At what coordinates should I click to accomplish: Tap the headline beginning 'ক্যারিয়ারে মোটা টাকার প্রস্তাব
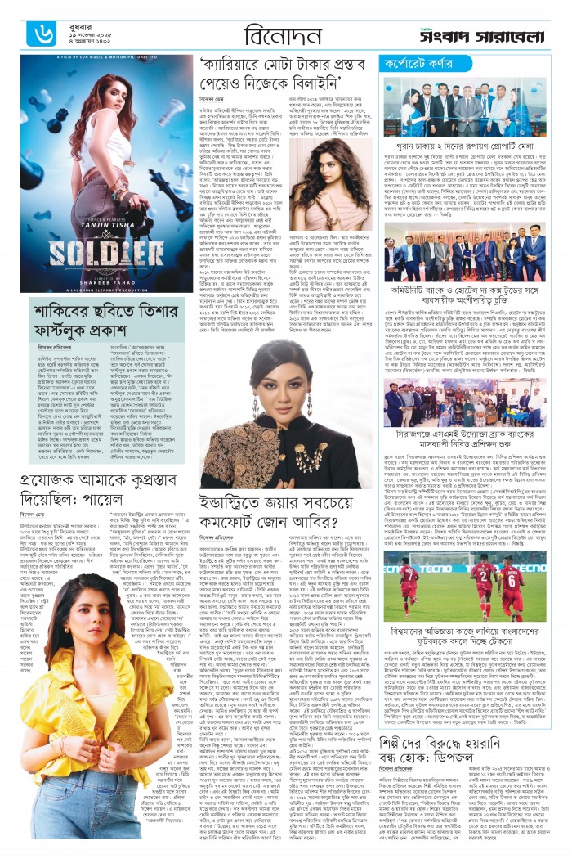pos(281,71)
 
